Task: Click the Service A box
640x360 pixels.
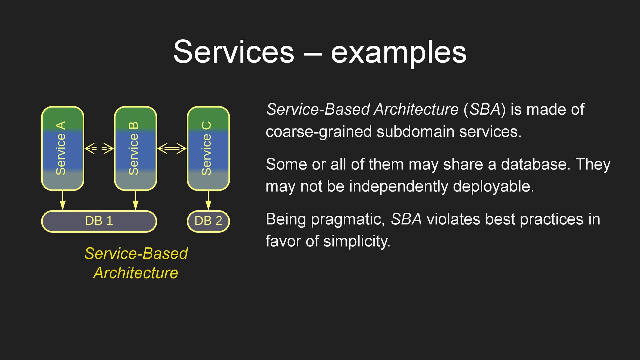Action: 62,148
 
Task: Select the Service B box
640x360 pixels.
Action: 135,148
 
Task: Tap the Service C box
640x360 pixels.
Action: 208,148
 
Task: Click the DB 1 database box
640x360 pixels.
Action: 99,221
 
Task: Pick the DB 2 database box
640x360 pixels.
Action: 208,221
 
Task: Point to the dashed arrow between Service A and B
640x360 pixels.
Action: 99,148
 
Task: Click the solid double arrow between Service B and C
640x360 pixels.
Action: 172,148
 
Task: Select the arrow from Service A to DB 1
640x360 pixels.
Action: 62,200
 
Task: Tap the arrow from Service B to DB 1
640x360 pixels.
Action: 135,200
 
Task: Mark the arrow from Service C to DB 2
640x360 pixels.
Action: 208,200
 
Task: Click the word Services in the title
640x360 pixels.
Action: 234,52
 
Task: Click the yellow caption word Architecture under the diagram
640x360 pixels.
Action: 136,273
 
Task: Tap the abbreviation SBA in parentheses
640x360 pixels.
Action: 485,110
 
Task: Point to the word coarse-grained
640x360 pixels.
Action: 318,132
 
